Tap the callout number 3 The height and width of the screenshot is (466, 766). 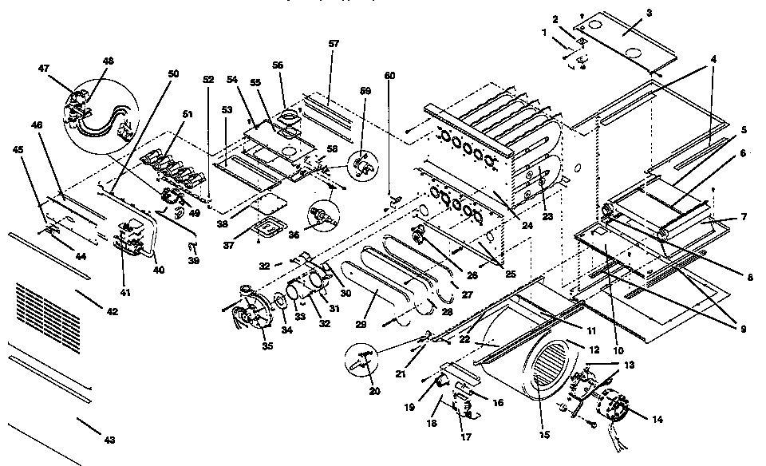coord(649,13)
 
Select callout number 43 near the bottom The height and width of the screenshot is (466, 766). coord(109,440)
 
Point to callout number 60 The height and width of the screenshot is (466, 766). coord(389,74)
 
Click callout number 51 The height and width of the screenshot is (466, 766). coord(188,115)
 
